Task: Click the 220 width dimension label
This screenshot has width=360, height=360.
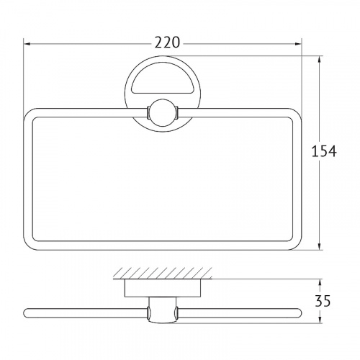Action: pyautogui.click(x=167, y=42)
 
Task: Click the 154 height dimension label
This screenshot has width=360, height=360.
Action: pyautogui.click(x=324, y=151)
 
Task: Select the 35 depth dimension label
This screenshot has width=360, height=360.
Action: pyautogui.click(x=323, y=301)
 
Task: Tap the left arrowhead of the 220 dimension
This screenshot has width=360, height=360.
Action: pyautogui.click(x=27, y=44)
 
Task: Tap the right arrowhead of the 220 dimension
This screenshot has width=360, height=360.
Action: pyautogui.click(x=298, y=44)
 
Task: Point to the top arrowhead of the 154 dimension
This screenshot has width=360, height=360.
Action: pyautogui.click(x=320, y=60)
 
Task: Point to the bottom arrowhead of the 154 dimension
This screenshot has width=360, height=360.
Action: pyautogui.click(x=320, y=246)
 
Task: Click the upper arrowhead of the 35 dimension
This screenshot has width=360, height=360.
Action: pyautogui.click(x=320, y=282)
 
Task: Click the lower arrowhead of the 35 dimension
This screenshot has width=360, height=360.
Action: pyautogui.click(x=320, y=320)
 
